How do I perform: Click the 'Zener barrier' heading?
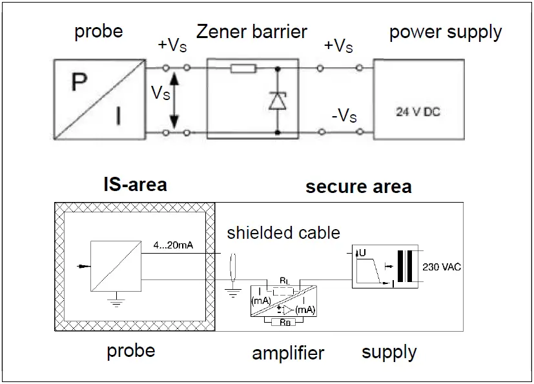252,31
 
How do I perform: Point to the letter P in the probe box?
79,83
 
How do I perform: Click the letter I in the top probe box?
118,116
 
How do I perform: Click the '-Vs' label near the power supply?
343,116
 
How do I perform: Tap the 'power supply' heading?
446,32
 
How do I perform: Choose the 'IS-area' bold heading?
135,185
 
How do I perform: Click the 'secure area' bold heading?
358,187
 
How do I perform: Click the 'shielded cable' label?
283,232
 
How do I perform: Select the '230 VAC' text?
442,265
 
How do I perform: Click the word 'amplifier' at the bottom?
288,353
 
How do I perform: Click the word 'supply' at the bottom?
389,352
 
